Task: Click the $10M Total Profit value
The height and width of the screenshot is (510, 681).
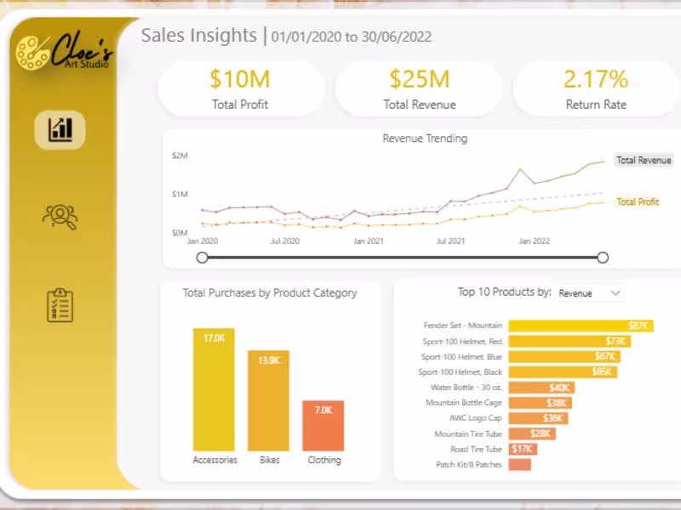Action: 240,80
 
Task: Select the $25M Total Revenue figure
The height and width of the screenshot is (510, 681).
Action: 420,80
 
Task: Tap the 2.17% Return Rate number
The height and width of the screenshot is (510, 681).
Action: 596,80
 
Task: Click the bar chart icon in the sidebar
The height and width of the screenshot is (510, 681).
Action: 60,130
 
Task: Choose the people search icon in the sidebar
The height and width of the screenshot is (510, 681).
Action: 60,217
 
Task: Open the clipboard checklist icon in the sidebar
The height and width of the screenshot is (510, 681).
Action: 60,305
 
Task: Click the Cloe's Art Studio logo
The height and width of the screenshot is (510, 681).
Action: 63,52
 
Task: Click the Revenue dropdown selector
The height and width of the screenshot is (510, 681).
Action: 590,293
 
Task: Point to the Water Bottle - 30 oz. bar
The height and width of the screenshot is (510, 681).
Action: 541,388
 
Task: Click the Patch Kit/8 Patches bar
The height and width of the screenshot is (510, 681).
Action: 519,465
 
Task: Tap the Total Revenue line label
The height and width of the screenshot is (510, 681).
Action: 644,160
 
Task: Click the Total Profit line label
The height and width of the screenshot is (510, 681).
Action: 638,202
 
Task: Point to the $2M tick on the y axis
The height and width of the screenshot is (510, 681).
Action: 180,156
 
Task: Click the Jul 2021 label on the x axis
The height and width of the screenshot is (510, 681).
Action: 450,241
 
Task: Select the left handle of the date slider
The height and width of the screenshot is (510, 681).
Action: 202,258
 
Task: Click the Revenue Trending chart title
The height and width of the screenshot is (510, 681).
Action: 425,139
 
